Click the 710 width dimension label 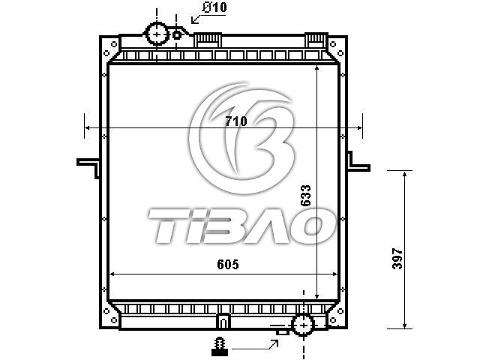(235, 121)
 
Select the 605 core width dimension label (228, 264)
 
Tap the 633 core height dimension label (305, 196)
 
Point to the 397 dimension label (397, 259)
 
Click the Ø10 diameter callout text (214, 7)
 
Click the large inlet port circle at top (157, 34)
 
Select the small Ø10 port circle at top (177, 35)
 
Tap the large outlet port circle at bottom (303, 325)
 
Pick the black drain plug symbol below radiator (220, 346)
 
